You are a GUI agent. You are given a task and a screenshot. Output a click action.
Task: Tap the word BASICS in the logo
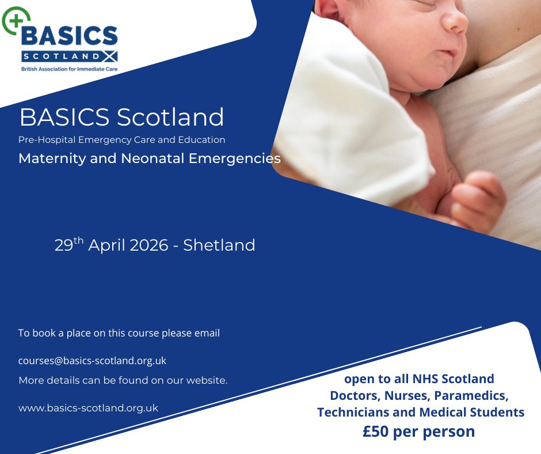click(x=69, y=37)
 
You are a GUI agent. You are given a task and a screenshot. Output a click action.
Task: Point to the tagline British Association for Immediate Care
click(x=69, y=68)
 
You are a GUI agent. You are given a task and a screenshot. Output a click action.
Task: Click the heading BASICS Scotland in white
click(x=121, y=117)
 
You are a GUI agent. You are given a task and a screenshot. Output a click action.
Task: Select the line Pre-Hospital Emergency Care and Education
click(x=121, y=139)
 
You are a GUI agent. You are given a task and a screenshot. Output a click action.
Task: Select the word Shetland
click(x=219, y=245)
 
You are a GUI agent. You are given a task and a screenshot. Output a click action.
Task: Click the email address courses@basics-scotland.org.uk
click(x=92, y=361)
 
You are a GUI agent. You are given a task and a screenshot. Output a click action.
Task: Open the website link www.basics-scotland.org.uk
click(x=88, y=407)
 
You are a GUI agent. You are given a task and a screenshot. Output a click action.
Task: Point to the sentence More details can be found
click(x=123, y=380)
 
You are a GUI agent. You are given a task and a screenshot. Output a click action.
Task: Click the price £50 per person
click(x=418, y=431)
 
